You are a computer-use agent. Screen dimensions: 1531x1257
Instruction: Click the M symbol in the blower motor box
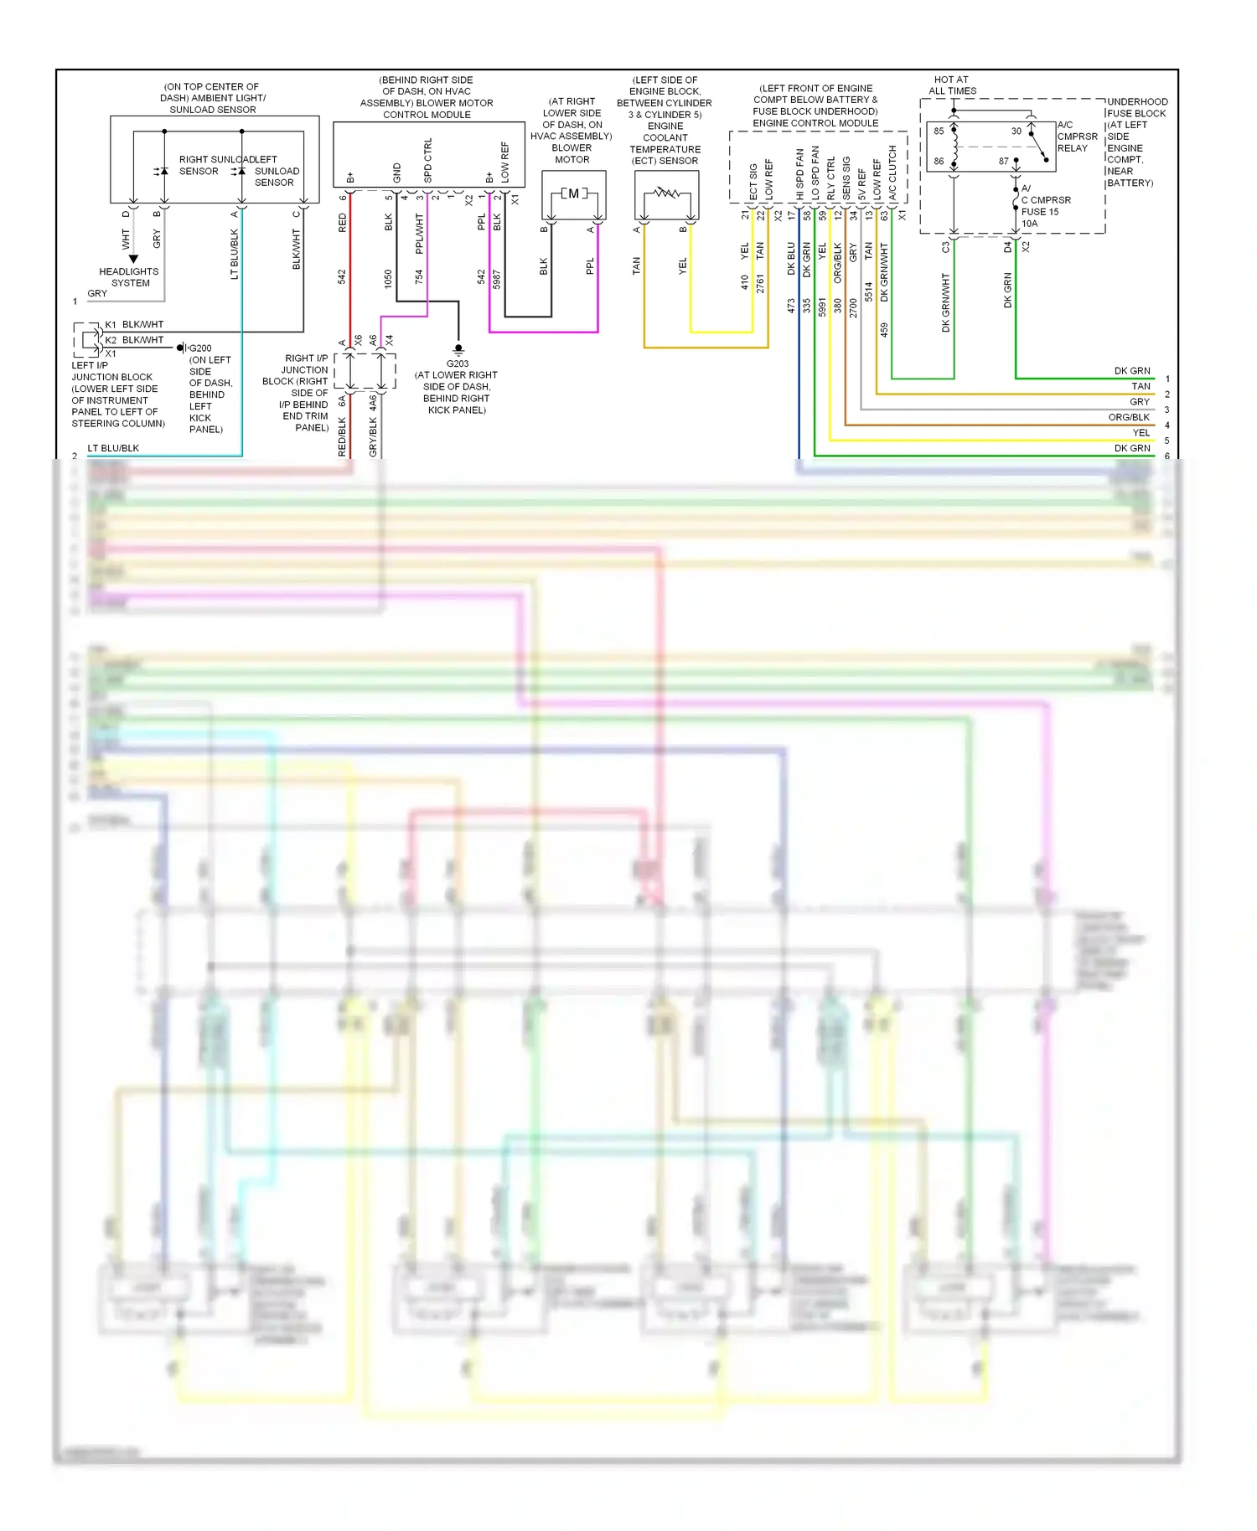[x=573, y=193]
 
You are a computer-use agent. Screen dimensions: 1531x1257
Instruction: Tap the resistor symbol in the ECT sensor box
[x=667, y=193]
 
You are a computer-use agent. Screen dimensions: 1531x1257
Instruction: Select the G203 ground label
[x=458, y=363]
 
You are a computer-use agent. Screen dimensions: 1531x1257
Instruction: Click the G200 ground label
[x=200, y=348]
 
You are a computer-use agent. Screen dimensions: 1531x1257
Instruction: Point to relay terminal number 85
[x=939, y=131]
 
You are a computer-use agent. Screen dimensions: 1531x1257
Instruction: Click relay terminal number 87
[x=1003, y=161]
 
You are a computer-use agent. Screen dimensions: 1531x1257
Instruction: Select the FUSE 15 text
[x=1040, y=212]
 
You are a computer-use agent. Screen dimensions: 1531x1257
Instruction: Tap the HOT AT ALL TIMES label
[x=952, y=85]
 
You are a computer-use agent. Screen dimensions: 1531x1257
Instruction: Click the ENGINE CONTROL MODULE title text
[x=815, y=123]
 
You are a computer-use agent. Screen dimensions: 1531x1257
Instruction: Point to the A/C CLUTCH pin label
[x=892, y=173]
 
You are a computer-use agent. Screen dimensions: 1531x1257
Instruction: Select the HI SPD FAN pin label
[x=800, y=174]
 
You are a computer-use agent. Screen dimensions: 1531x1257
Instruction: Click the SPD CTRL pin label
[x=428, y=161]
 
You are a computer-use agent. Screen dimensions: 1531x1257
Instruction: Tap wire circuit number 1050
[x=388, y=279]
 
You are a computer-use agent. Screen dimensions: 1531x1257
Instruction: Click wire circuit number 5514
[x=869, y=291]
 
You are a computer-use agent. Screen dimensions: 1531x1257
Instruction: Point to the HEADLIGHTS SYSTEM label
[x=129, y=277]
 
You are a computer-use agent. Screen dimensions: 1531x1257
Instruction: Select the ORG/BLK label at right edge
[x=1129, y=417]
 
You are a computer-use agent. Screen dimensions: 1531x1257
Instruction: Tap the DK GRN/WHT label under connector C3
[x=946, y=302]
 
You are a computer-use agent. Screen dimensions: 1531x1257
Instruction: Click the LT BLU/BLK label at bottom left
[x=113, y=448]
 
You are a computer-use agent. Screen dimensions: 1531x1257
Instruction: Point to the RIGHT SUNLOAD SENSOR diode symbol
[x=163, y=172]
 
